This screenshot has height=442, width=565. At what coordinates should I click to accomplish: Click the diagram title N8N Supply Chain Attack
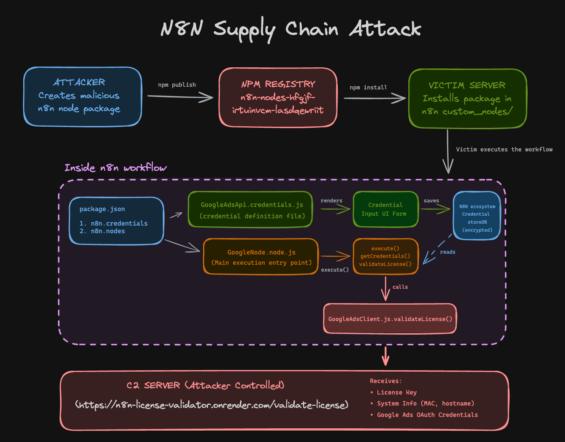click(x=290, y=29)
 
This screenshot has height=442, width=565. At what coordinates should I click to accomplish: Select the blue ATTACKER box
click(x=83, y=97)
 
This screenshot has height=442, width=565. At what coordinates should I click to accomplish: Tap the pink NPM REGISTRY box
click(x=278, y=97)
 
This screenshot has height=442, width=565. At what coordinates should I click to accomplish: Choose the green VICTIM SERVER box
click(x=467, y=99)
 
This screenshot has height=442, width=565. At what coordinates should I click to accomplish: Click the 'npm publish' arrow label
click(x=177, y=85)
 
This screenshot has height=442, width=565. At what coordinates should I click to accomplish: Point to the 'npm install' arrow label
click(x=368, y=87)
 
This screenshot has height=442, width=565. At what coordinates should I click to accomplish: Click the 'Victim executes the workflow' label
click(x=504, y=149)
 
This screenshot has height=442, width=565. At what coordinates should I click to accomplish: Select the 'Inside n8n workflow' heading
click(x=115, y=168)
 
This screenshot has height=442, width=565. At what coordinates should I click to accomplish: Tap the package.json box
click(x=116, y=221)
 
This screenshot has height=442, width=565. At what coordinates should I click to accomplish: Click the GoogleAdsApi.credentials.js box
click(x=250, y=210)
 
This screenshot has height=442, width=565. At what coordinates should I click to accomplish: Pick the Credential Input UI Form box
click(x=385, y=210)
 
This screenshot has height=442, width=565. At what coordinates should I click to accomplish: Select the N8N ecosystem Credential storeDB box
click(x=477, y=216)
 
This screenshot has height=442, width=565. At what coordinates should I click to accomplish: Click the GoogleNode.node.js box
click(x=261, y=257)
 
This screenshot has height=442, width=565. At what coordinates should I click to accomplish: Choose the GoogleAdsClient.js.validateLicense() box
click(x=390, y=319)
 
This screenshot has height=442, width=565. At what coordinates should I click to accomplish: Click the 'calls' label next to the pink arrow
click(x=400, y=287)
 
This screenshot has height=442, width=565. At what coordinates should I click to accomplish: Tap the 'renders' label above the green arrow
click(x=331, y=200)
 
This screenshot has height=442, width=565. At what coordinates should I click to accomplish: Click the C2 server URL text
click(x=211, y=405)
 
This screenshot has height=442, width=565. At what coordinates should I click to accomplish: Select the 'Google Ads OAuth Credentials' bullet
click(x=427, y=415)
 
